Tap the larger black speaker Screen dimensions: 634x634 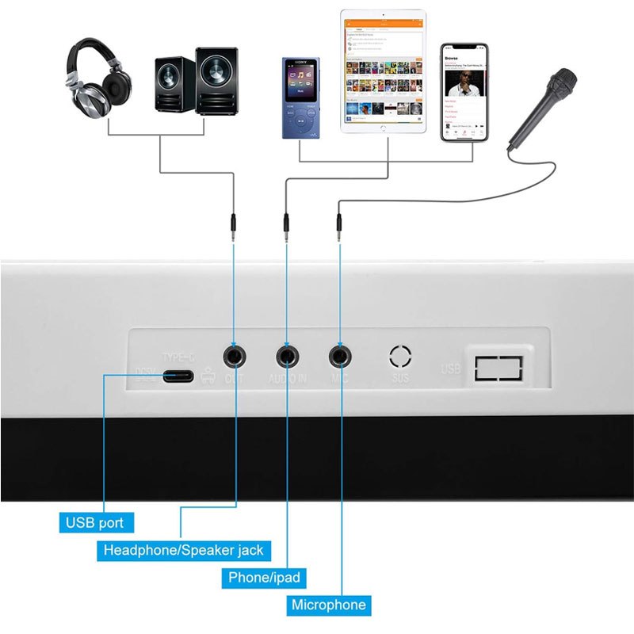(x=216, y=82)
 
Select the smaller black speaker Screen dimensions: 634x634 (x=172, y=86)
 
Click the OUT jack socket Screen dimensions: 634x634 (x=235, y=356)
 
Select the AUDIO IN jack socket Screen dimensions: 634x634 (x=287, y=356)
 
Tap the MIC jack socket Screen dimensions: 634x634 (x=340, y=356)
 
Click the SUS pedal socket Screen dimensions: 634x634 (x=401, y=356)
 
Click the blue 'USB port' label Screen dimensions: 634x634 (x=95, y=523)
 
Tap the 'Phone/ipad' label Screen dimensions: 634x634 (x=264, y=578)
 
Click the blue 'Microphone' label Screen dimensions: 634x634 (x=329, y=605)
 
